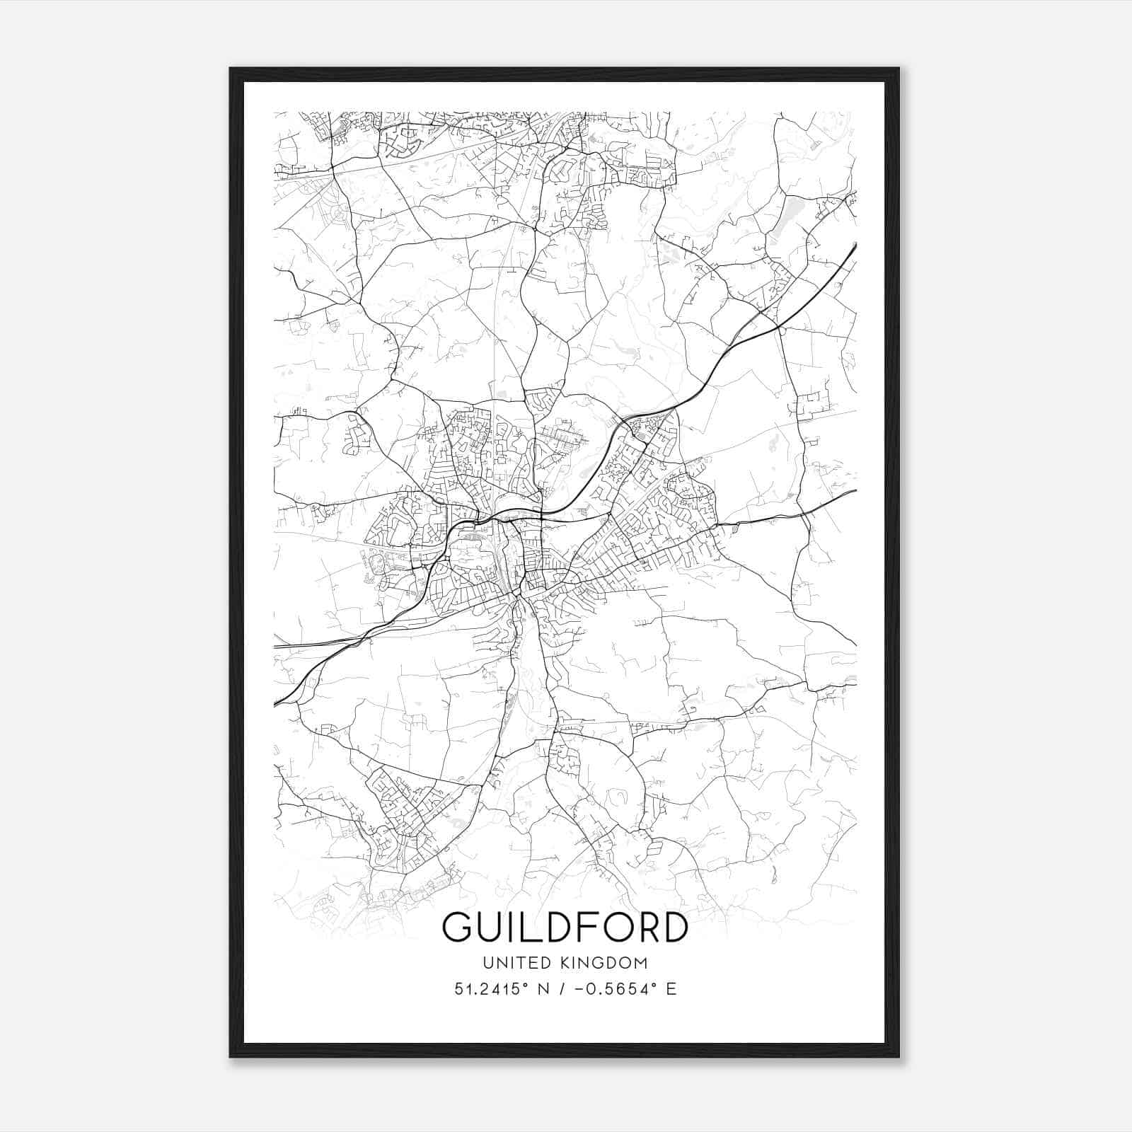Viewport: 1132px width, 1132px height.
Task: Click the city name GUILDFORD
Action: point(565,927)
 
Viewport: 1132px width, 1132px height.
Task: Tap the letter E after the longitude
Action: point(671,989)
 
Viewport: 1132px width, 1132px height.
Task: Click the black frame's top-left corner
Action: point(231,69)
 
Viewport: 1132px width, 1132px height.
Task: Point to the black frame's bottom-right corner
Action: point(899,1056)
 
